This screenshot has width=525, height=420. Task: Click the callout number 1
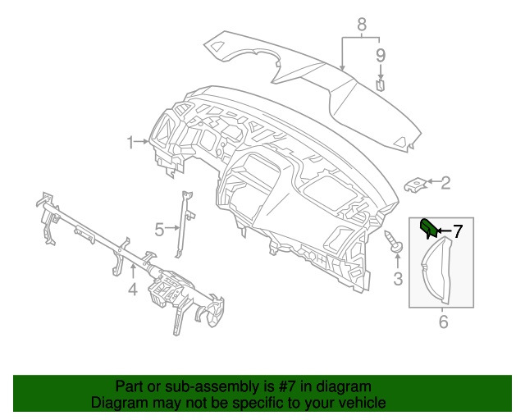130,143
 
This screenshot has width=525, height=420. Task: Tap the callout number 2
446,183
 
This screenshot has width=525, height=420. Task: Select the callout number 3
398,279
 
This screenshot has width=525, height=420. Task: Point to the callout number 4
132,289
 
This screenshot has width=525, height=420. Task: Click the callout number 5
161,227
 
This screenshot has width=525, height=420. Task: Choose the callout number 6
444,322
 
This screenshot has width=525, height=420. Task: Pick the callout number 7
458,231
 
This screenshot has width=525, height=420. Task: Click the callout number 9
381,55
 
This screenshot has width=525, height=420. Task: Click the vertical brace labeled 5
188,221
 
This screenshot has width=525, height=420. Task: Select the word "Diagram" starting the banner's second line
119,403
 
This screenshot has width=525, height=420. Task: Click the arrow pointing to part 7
443,231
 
